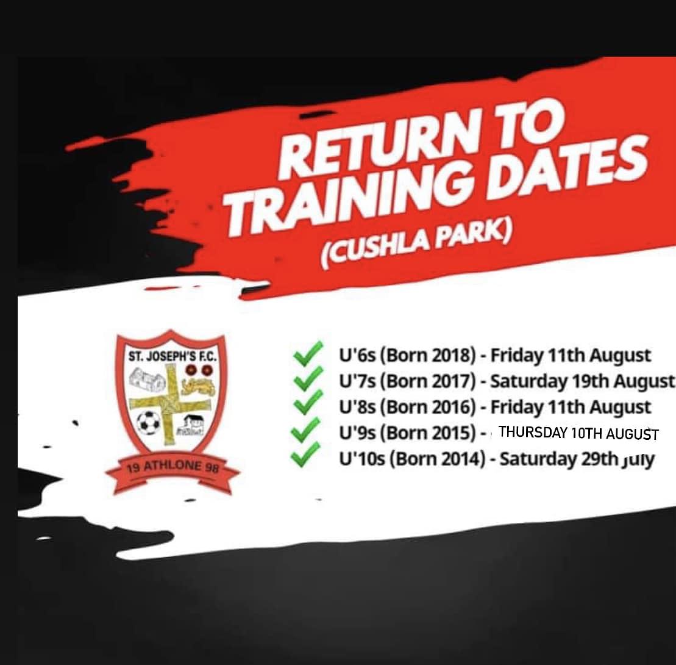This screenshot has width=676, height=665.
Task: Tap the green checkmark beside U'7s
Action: pos(308,378)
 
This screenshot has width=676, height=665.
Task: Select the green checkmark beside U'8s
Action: pos(308,403)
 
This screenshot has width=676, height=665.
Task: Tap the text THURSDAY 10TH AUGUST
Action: pos(578,433)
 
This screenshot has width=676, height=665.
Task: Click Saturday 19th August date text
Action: pos(583,381)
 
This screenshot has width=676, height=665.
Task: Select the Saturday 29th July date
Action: pos(577,459)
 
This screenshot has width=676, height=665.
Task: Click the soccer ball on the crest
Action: pos(149,422)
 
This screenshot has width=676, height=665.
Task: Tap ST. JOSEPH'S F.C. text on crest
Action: pos(172,357)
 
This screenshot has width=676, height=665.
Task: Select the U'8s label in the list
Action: pos(357,407)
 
